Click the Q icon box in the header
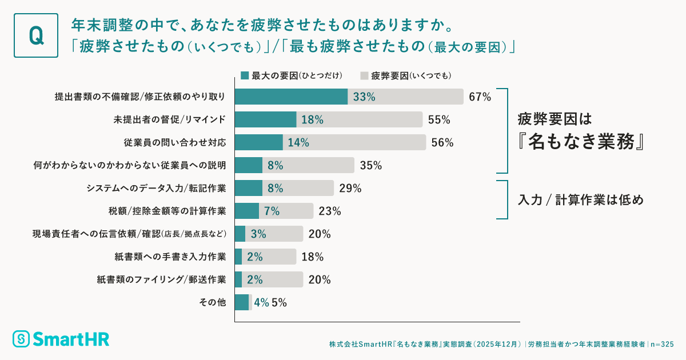[x=35, y=35]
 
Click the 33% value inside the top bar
[x=364, y=97]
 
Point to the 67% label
[x=480, y=97]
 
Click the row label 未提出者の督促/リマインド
[x=170, y=119]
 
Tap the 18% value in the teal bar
[x=313, y=120]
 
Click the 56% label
[x=442, y=143]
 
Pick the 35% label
[x=371, y=166]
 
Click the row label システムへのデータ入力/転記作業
[x=156, y=188]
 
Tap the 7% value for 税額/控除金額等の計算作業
[x=272, y=211]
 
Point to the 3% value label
[x=259, y=234]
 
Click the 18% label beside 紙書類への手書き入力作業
[x=312, y=257]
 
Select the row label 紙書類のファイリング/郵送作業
[x=161, y=279]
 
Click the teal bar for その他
[x=242, y=302]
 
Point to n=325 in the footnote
[x=663, y=345]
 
